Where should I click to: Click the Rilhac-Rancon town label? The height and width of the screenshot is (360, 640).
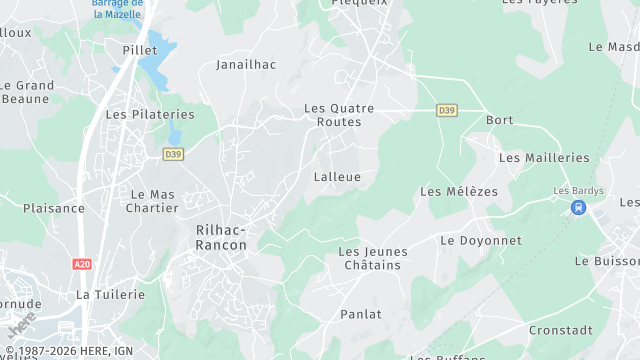pos(221,237)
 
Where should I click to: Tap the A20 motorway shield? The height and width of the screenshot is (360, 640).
pos(82,264)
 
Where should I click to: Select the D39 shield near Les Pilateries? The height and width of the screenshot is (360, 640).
pos(173,154)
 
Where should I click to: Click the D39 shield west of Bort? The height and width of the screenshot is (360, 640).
pos(446,109)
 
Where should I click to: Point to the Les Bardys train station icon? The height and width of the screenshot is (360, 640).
pos(577,207)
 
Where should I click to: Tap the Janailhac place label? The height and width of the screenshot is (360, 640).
pos(246,64)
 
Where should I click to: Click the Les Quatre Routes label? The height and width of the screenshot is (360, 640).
pos(339,115)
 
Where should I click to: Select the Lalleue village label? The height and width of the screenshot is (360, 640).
pos(337,177)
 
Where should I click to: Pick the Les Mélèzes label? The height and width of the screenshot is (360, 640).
pos(459,191)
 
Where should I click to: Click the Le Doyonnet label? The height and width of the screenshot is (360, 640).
pos(481,241)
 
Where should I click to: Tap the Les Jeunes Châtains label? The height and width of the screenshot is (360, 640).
pos(369,258)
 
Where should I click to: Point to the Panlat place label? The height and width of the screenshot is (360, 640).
pos(360,314)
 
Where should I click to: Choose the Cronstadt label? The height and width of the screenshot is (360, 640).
pos(560,330)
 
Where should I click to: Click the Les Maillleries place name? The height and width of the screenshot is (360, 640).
pos(544,158)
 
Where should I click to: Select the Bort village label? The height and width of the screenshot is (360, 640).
pos(499,120)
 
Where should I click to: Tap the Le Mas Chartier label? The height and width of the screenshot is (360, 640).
pos(152,201)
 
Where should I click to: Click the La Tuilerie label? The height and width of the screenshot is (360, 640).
pos(111,295)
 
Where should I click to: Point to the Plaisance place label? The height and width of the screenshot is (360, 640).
pos(54,208)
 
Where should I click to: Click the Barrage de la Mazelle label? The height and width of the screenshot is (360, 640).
pos(118,9)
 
